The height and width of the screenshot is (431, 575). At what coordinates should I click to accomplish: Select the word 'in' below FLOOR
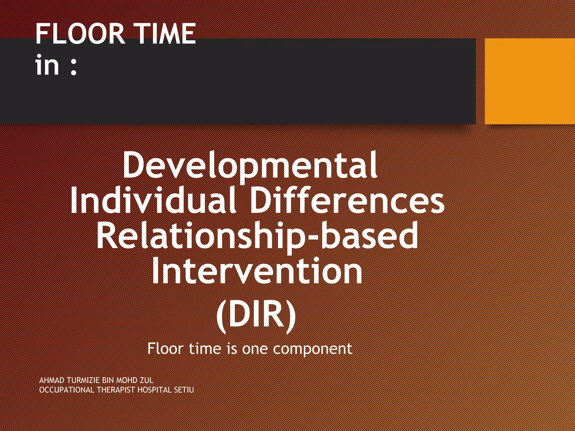click(47, 65)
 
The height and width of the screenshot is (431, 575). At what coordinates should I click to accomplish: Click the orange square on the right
click(530, 81)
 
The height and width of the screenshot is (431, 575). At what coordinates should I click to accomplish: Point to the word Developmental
click(250, 166)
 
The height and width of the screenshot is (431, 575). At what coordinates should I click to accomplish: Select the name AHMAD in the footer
click(52, 380)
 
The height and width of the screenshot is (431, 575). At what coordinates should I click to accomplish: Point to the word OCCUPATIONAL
click(67, 390)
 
